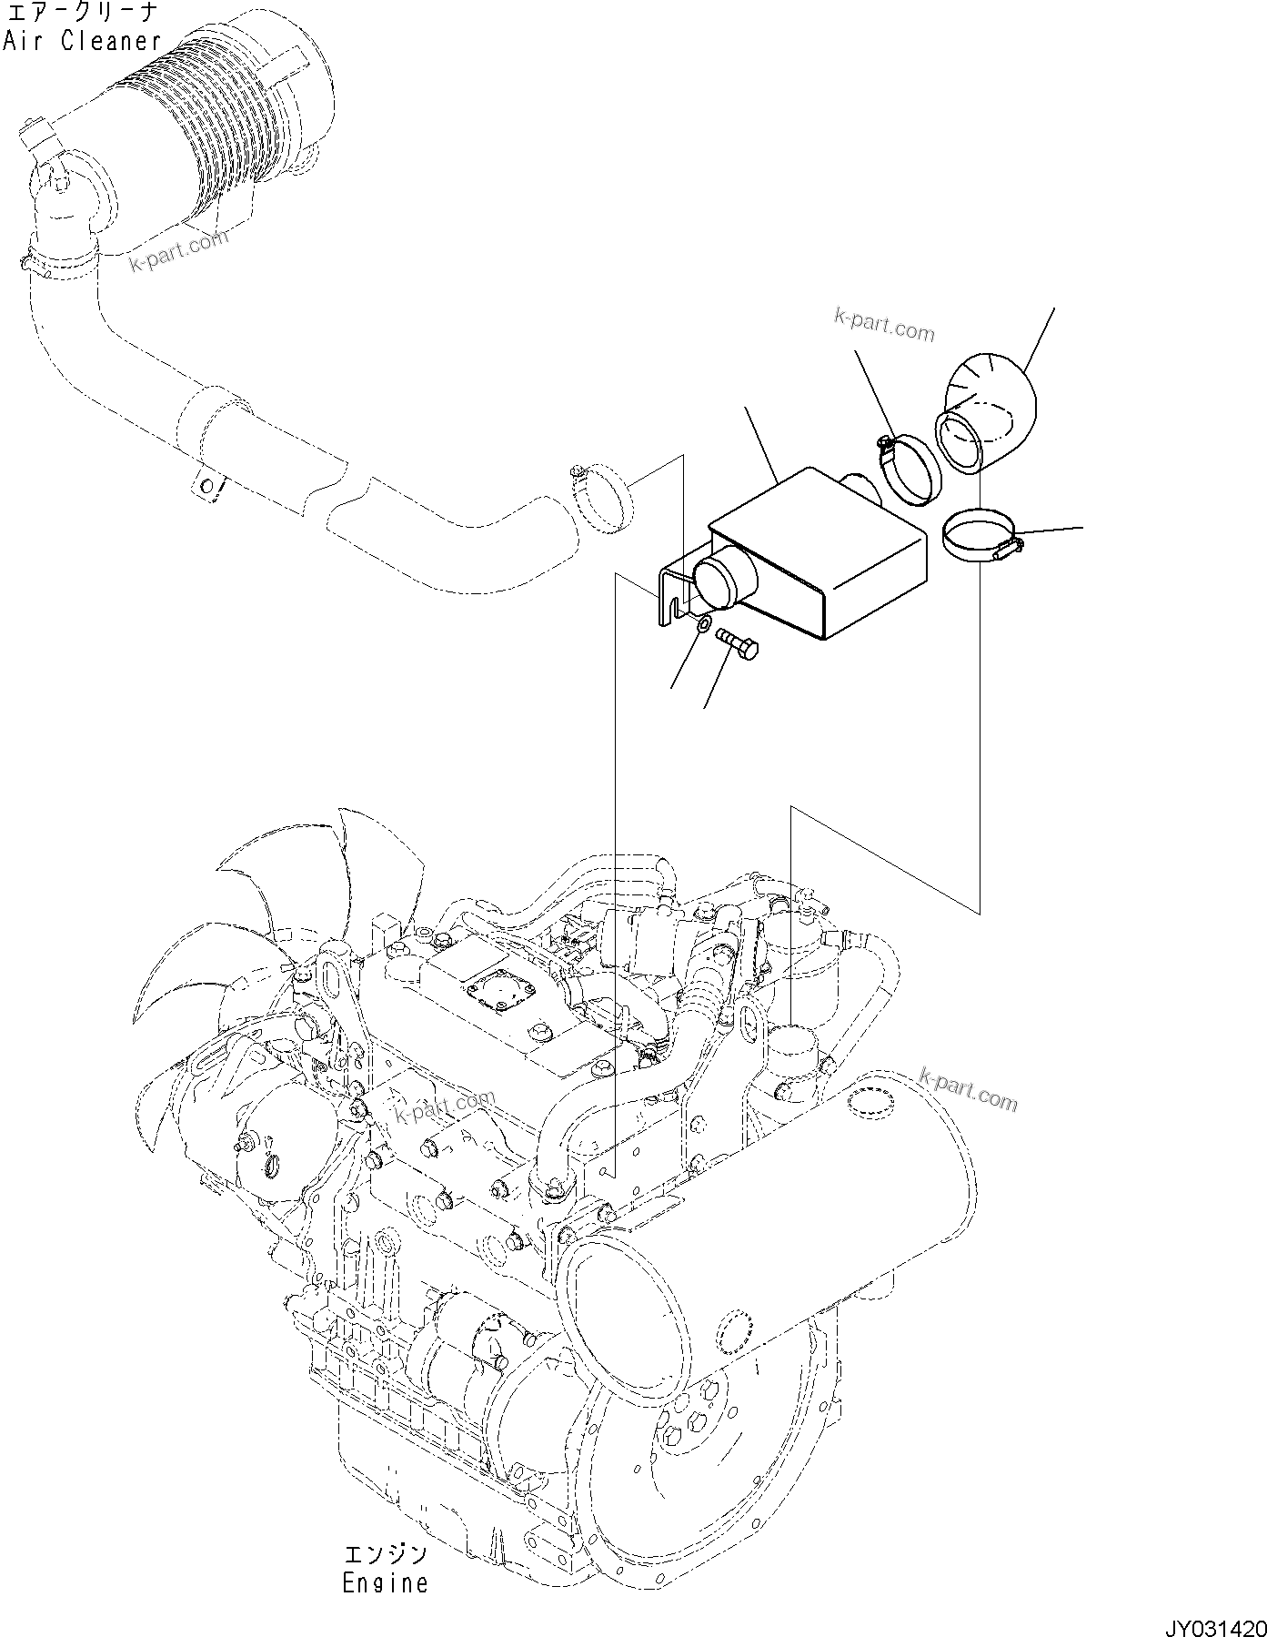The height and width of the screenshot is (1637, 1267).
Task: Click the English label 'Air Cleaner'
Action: point(82,41)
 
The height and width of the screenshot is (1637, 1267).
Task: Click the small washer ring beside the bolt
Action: point(703,625)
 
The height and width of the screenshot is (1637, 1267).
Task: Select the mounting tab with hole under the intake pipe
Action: point(208,487)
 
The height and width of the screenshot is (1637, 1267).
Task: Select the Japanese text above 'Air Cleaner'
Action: point(82,13)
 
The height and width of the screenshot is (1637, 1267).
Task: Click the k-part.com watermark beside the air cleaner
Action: point(177,248)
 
